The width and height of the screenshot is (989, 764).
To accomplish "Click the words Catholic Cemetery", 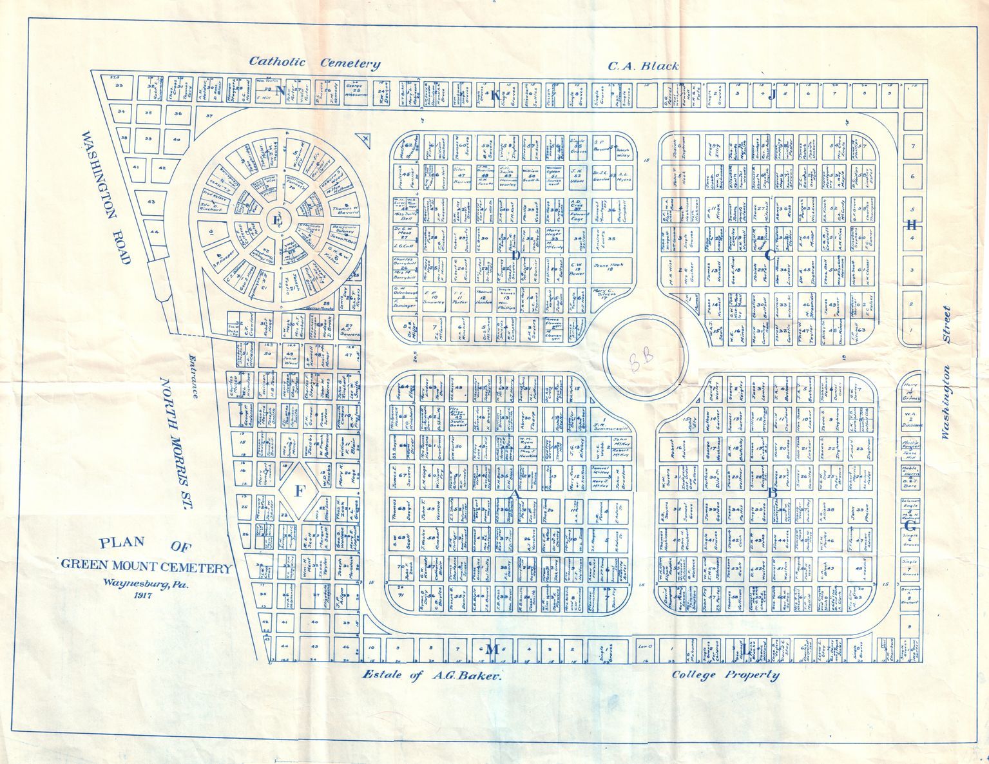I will pos(314,62).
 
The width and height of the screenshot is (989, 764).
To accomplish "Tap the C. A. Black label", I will pos(644,66).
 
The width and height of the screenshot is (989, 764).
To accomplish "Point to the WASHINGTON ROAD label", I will pos(107,197).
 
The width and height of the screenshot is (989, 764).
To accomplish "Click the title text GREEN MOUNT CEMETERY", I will pos(146,568).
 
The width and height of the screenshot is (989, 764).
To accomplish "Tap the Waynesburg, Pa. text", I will pos(148,584).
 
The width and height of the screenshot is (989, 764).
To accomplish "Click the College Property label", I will pos(725,675).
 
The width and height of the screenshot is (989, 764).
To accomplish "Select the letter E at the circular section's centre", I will pos(278,220).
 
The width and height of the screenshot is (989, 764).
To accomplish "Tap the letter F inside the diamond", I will pos(299,492).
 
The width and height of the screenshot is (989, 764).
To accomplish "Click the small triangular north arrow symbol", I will pos(365,137).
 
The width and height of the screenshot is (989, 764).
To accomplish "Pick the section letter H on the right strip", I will pos(911,225).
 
